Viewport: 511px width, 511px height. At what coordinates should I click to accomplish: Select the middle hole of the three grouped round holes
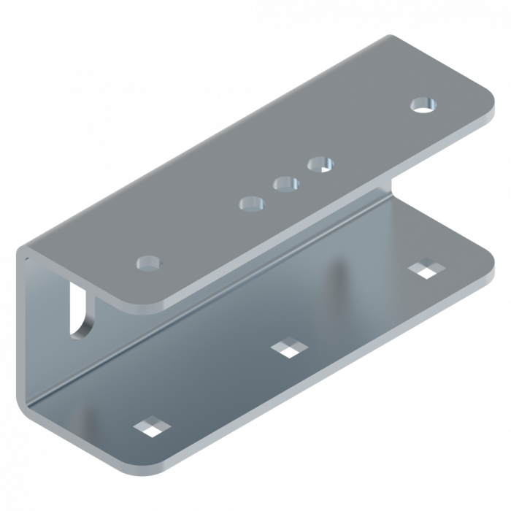pyautogui.click(x=286, y=183)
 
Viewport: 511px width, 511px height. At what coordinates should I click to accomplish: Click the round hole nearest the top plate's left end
pyautogui.click(x=148, y=261)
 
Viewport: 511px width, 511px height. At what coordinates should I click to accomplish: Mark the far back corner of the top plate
pyautogui.click(x=391, y=36)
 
